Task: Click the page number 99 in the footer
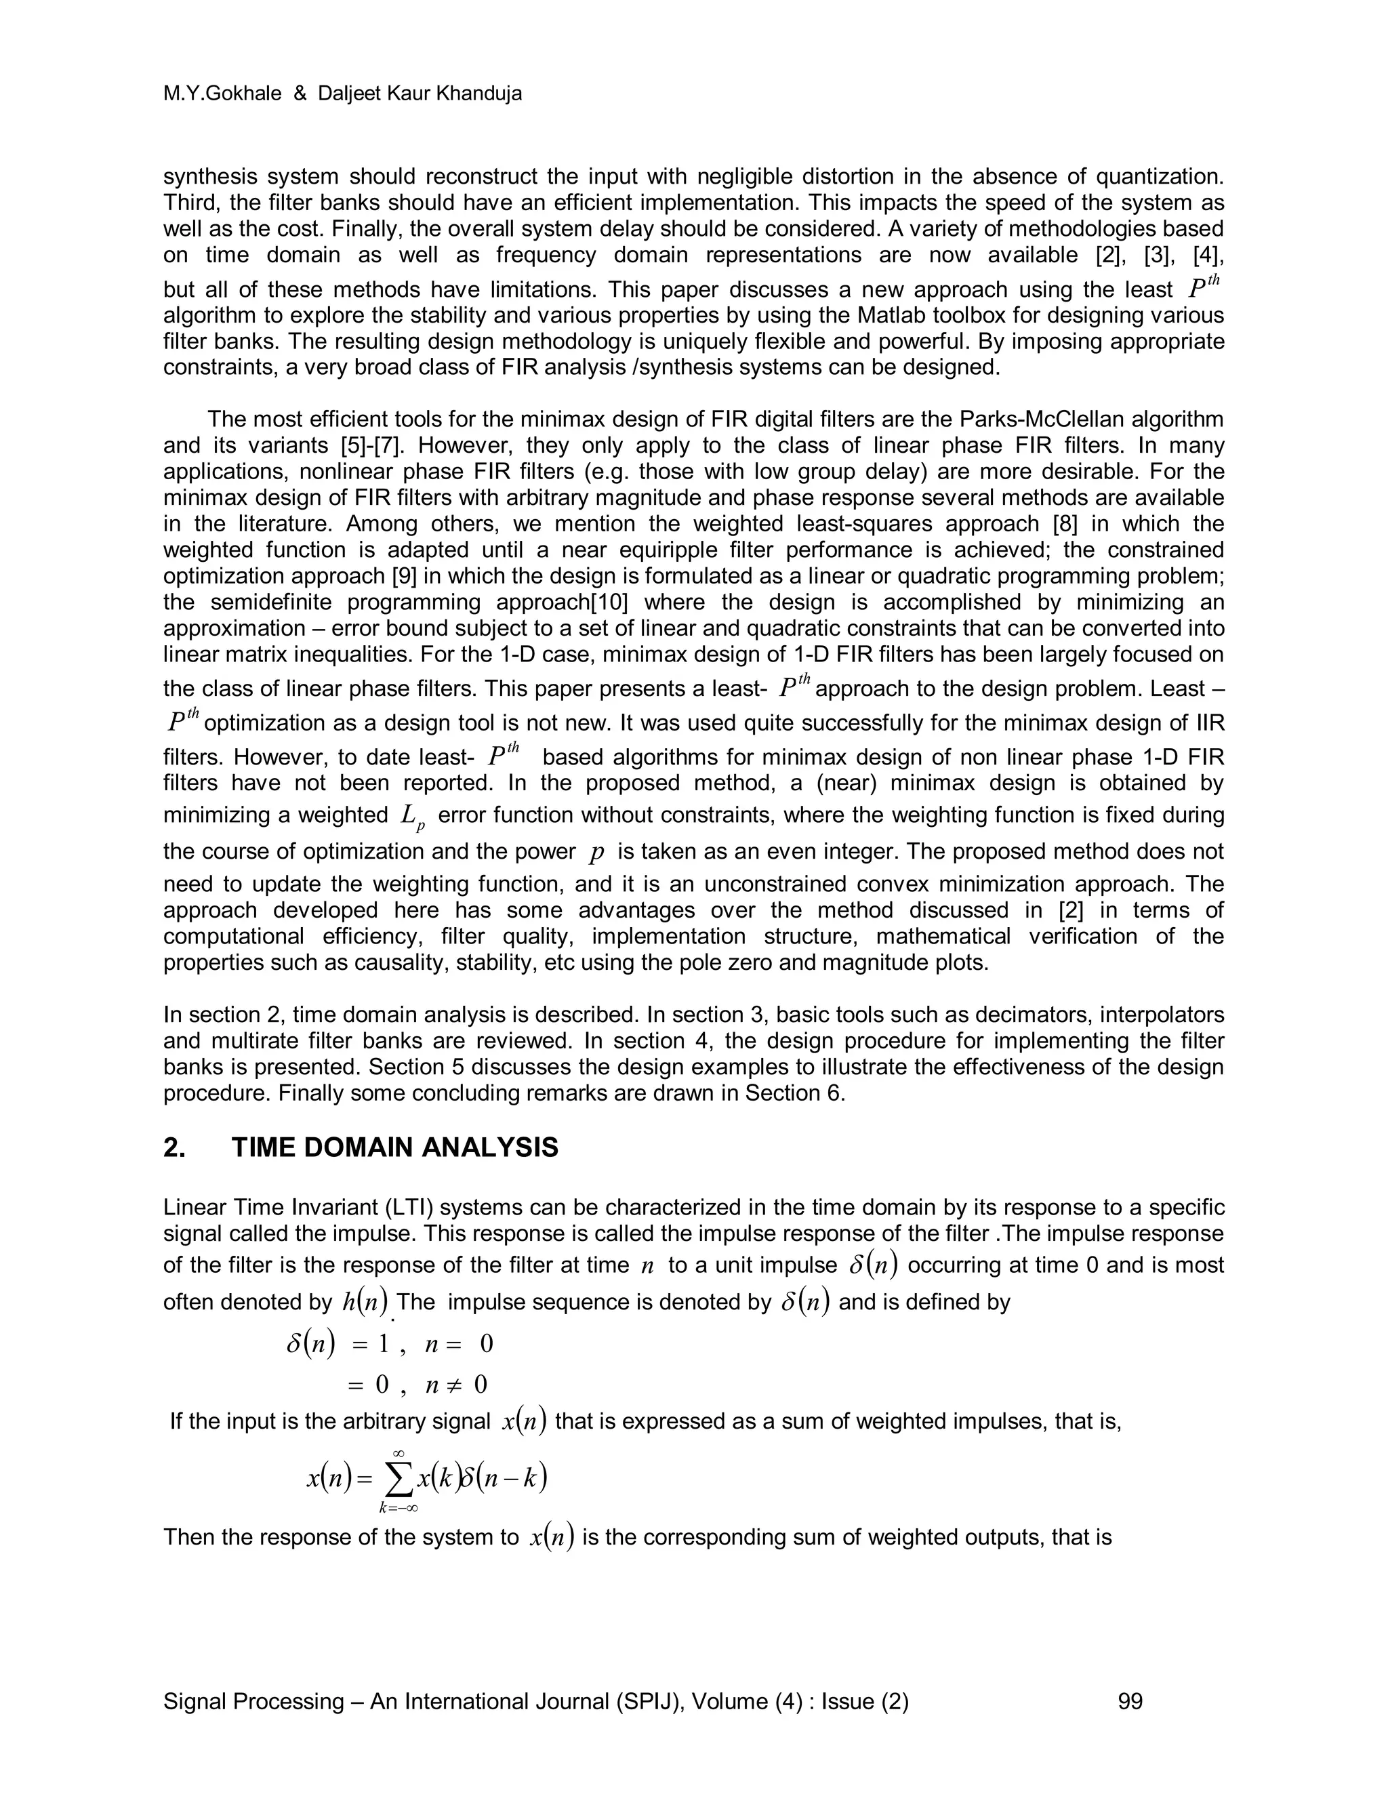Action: coord(1130,1701)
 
